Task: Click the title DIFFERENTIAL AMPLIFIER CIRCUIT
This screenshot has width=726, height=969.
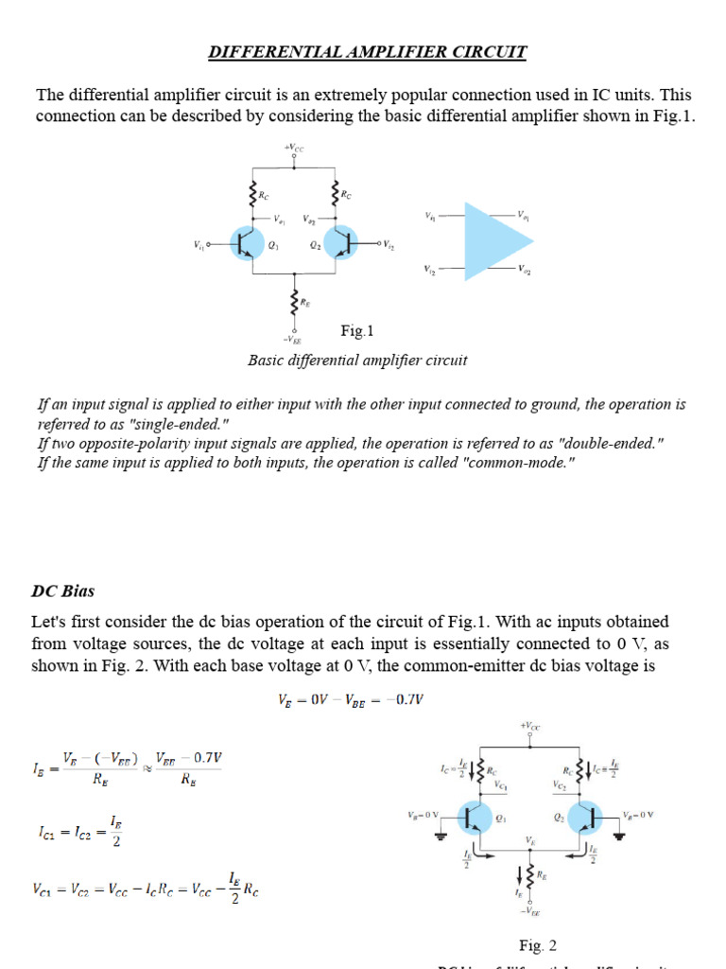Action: (x=367, y=52)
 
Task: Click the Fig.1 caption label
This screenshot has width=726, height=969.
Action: (x=357, y=331)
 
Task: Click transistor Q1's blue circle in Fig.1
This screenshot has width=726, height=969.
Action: (x=249, y=244)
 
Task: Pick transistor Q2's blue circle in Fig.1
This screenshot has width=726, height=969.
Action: (x=340, y=244)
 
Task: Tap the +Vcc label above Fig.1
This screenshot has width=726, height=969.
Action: (x=294, y=148)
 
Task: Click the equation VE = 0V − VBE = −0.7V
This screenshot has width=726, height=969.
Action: (x=351, y=699)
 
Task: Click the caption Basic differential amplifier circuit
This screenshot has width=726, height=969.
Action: (x=357, y=361)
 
